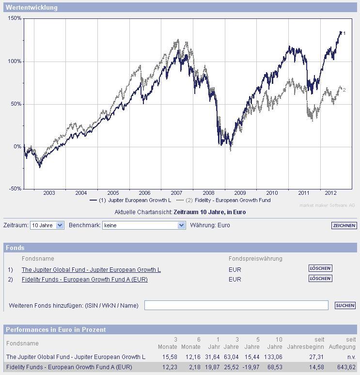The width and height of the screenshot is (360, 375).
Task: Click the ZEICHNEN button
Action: (x=344, y=225)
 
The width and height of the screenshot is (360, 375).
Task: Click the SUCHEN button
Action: (x=345, y=305)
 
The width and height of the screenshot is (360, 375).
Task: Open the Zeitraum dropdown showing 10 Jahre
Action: (x=47, y=225)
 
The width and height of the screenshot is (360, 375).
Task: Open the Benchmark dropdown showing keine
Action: (x=144, y=225)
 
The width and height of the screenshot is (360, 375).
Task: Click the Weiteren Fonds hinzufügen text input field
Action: (x=236, y=305)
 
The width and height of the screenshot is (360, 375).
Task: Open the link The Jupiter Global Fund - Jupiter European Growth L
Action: (x=91, y=269)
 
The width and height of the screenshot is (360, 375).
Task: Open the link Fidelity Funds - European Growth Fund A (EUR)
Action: (x=85, y=279)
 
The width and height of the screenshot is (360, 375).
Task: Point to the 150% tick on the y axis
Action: (x=15, y=18)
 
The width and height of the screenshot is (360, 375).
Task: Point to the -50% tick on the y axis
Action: (x=15, y=188)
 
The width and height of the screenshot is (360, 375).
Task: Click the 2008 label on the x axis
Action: (x=208, y=193)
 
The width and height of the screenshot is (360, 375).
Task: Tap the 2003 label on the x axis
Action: (x=49, y=193)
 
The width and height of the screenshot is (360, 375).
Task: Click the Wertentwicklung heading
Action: (x=31, y=7)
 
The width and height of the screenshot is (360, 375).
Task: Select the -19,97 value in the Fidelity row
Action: (x=250, y=367)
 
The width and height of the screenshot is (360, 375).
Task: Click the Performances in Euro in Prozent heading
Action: (x=56, y=329)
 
